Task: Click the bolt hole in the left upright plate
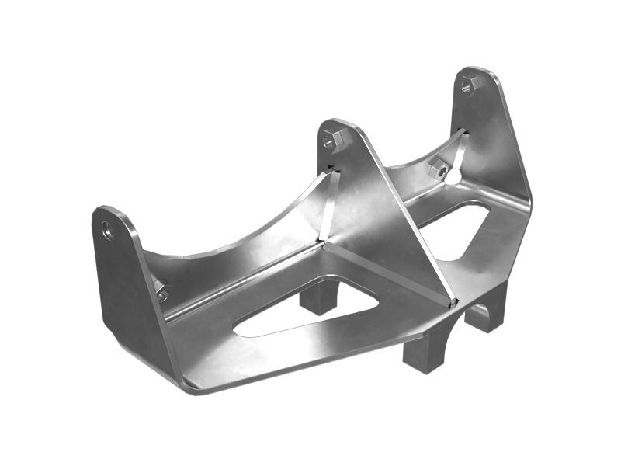(x=107, y=230)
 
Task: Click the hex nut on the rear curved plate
(x=437, y=166)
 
